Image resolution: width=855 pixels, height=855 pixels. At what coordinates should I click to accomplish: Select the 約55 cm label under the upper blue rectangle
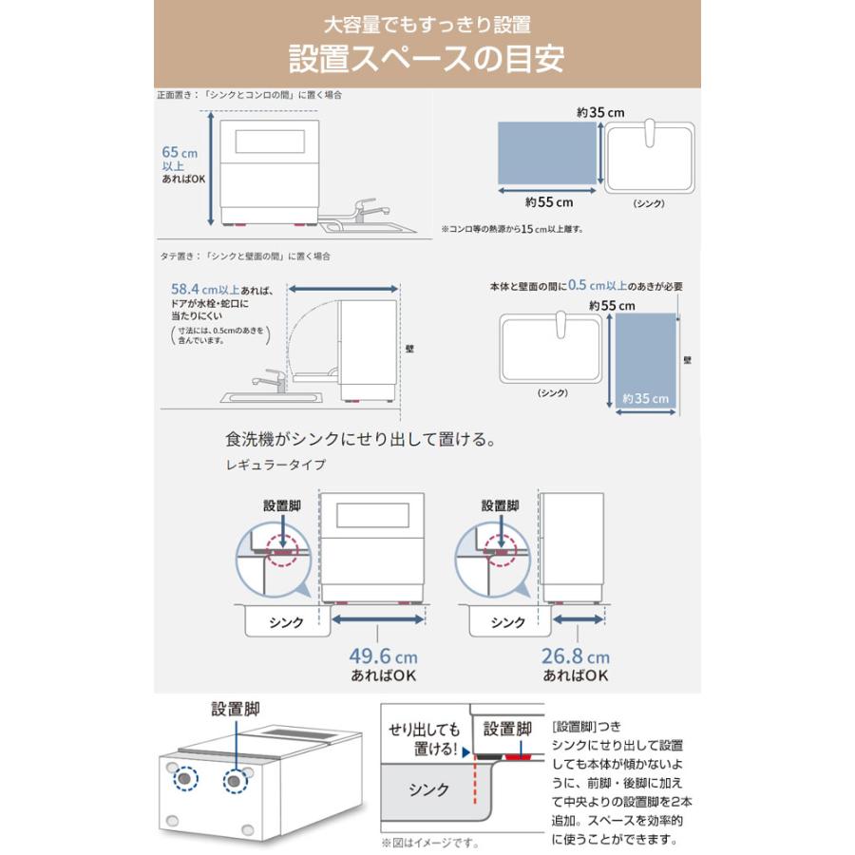pyautogui.click(x=549, y=201)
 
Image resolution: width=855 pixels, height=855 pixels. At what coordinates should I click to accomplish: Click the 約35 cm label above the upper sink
pyautogui.click(x=599, y=112)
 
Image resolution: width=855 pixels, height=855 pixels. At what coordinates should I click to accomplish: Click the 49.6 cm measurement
pyautogui.click(x=376, y=655)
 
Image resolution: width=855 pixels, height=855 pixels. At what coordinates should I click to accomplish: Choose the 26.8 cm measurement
pyautogui.click(x=577, y=655)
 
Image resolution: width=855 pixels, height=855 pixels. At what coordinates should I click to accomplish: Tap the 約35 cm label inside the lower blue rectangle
pyautogui.click(x=645, y=399)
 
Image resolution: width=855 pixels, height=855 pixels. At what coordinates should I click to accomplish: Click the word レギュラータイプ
pyautogui.click(x=276, y=465)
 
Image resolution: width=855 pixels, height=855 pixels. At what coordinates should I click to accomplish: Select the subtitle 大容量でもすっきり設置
pyautogui.click(x=427, y=24)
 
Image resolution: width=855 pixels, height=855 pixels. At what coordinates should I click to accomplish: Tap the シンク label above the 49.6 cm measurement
pyautogui.click(x=286, y=623)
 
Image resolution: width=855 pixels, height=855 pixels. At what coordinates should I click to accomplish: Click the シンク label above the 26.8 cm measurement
pyautogui.click(x=507, y=623)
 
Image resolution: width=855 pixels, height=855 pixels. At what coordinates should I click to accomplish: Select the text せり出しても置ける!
pyautogui.click(x=424, y=740)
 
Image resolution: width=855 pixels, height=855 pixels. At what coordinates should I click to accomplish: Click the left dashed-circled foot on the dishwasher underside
pyautogui.click(x=184, y=779)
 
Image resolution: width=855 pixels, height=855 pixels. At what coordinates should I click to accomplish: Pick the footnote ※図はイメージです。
pyautogui.click(x=429, y=843)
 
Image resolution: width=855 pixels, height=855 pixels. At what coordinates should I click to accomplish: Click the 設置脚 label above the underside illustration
pyautogui.click(x=236, y=708)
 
